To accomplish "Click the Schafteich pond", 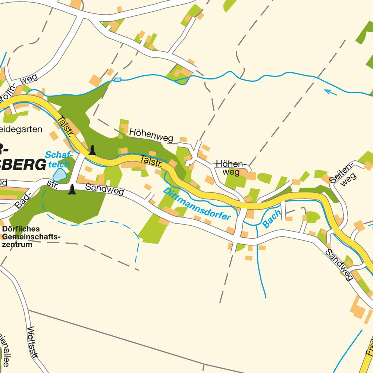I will pyautogui.click(x=59, y=175).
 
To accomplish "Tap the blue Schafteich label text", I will pyautogui.click(x=57, y=159).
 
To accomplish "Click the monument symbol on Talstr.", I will pyautogui.click(x=92, y=150).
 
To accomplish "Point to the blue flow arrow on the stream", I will pyautogui.click(x=330, y=91).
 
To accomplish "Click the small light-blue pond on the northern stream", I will pyautogui.click(x=117, y=79).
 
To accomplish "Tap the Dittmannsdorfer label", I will pyautogui.click(x=197, y=204).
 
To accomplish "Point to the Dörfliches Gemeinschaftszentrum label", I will pyautogui.click(x=31, y=236).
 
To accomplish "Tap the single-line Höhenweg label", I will pyautogui.click(x=151, y=135).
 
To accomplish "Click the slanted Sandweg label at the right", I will pyautogui.click(x=339, y=264).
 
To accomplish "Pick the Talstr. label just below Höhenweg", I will pyautogui.click(x=151, y=161).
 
